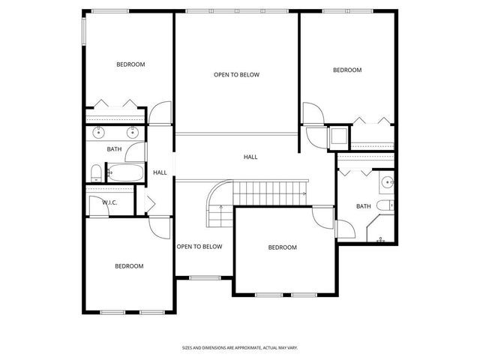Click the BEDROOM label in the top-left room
click(130, 64)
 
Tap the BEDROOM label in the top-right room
click(347, 70)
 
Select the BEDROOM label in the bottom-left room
click(129, 265)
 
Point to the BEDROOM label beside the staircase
click(283, 247)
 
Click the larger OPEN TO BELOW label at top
click(236, 74)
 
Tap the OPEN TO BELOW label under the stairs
click(199, 246)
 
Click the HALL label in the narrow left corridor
click(160, 172)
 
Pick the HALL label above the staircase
click(250, 157)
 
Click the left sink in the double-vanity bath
click(99, 133)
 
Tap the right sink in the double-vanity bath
click(132, 133)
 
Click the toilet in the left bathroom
click(96, 173)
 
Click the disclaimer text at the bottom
click(240, 347)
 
